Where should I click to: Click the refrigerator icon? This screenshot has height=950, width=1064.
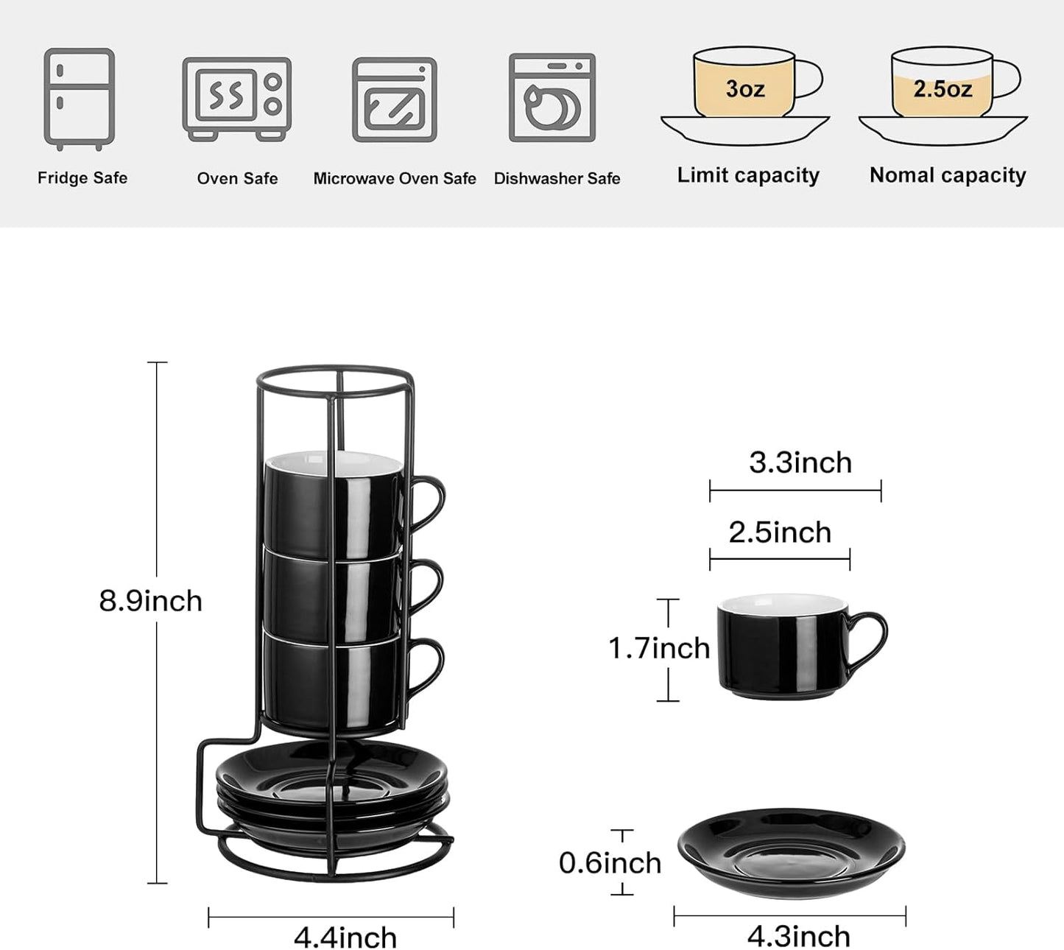[x=79, y=98]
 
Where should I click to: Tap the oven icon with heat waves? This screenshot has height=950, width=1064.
[x=236, y=98]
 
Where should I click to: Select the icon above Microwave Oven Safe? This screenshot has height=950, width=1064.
[x=395, y=99]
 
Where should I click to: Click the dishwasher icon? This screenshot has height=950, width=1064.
[x=552, y=97]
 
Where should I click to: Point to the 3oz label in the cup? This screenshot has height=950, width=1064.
[x=744, y=88]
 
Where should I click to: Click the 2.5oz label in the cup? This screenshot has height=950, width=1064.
[x=943, y=89]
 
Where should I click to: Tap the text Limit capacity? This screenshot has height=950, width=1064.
[x=748, y=175]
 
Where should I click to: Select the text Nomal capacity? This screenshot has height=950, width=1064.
[x=948, y=175]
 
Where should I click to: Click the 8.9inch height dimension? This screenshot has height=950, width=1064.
[x=150, y=601]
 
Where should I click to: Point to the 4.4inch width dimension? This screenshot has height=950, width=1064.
[x=345, y=937]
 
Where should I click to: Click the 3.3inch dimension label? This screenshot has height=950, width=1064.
[x=800, y=462]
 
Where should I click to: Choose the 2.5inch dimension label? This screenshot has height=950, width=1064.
[x=780, y=532]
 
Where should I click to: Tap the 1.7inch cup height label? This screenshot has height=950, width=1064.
[x=658, y=648]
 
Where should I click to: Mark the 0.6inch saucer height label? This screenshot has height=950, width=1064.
[x=610, y=862]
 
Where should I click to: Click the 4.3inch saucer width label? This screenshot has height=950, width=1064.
[x=799, y=936]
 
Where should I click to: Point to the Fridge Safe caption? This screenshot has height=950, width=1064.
[x=82, y=178]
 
